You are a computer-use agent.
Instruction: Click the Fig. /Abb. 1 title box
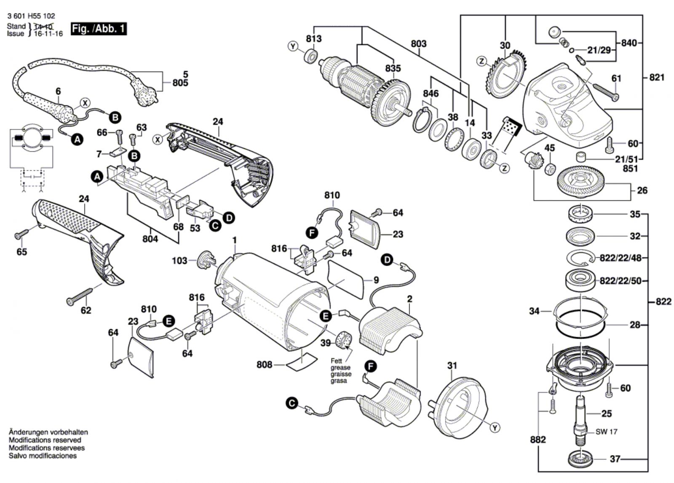[x=99, y=29]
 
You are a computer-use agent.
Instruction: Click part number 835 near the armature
[x=393, y=68]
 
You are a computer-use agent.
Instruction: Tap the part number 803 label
[x=418, y=43]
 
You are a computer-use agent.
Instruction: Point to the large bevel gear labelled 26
[x=581, y=182]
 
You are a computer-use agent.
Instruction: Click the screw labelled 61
[x=606, y=91]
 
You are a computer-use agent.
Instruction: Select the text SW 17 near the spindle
[x=607, y=432]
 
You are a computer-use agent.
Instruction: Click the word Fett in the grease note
[x=336, y=361]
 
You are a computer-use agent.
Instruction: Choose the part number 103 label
[x=179, y=261]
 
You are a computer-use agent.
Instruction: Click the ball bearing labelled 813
[x=311, y=56]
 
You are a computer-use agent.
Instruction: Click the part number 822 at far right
[x=663, y=302]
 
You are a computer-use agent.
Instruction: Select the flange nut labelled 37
[x=580, y=459]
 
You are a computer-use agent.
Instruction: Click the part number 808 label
[x=264, y=364]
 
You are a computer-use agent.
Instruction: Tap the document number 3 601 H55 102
[x=31, y=16]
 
